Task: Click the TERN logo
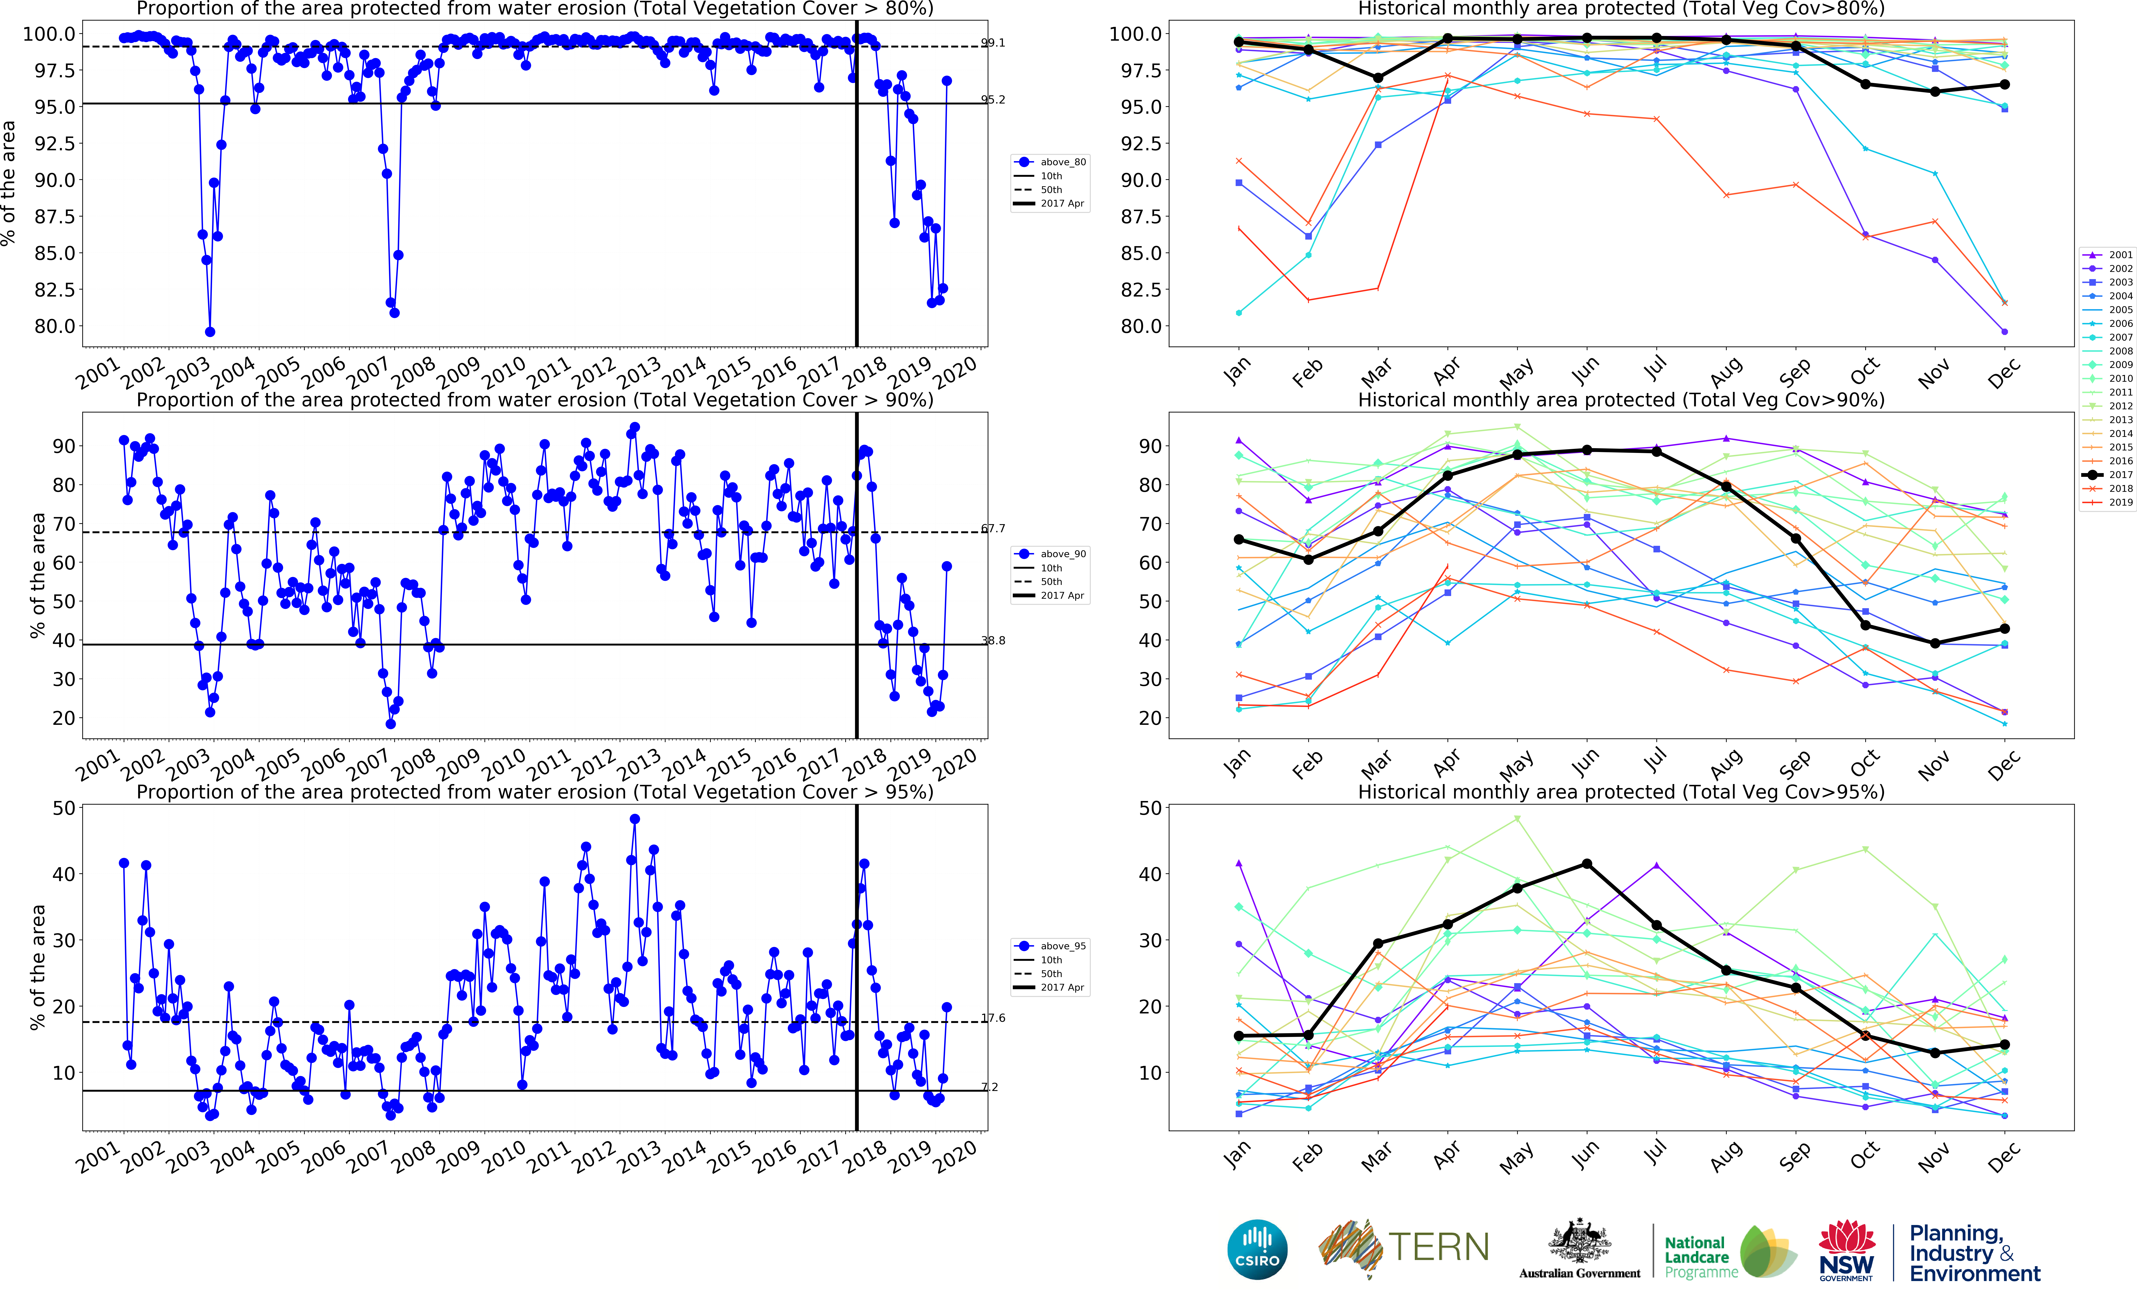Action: point(1403,1249)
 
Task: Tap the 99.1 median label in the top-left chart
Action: point(993,42)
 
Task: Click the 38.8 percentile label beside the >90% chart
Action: point(993,641)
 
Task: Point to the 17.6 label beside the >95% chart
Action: point(993,1018)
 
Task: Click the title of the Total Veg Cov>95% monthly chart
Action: point(1620,792)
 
